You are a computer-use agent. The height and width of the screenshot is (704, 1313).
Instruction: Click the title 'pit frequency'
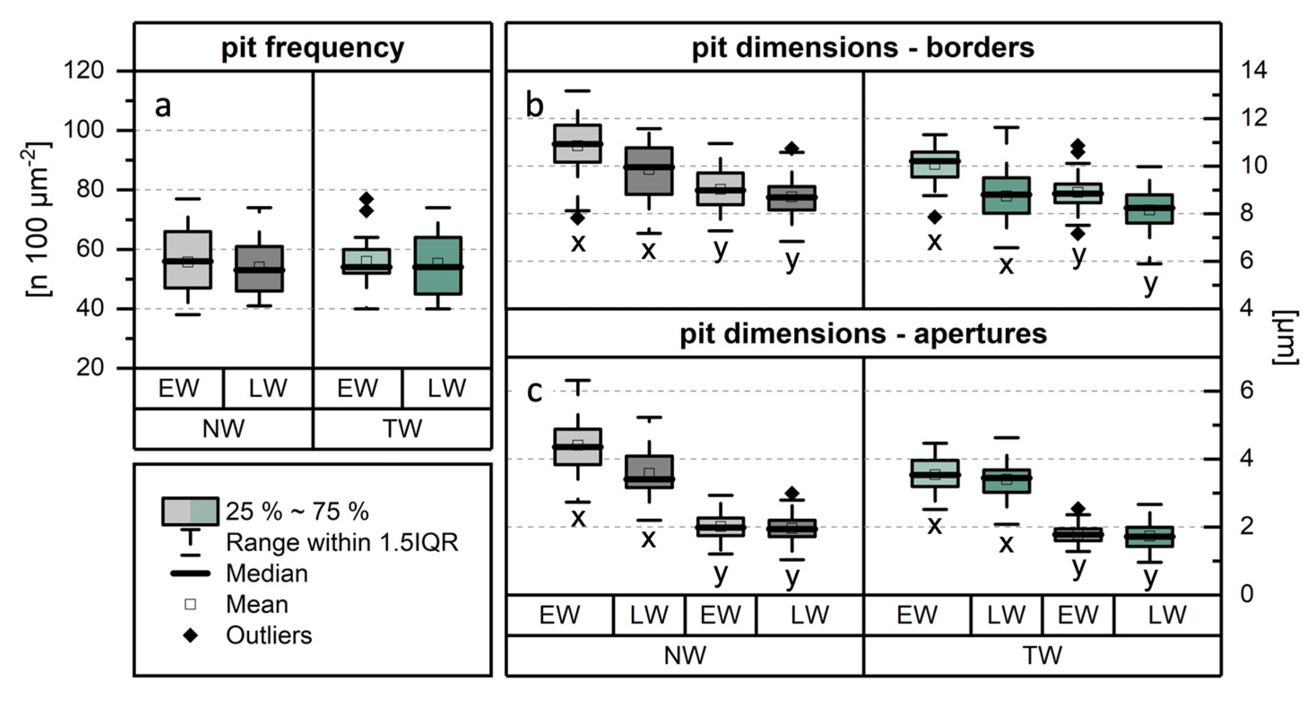(x=312, y=48)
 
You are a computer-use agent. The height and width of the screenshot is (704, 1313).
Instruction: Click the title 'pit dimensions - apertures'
(x=863, y=334)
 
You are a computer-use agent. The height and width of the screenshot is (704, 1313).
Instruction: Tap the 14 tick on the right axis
(x=1253, y=70)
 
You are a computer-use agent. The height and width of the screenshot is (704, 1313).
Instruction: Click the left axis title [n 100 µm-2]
(x=38, y=219)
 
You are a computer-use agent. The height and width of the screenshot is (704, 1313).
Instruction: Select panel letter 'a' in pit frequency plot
(x=163, y=106)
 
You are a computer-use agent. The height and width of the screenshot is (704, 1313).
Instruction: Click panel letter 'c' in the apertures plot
(x=534, y=392)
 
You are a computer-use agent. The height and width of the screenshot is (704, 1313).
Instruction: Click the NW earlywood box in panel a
(x=188, y=260)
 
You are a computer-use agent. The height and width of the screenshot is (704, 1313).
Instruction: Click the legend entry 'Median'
(x=267, y=574)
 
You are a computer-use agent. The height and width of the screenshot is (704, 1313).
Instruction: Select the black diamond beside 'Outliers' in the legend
(x=190, y=635)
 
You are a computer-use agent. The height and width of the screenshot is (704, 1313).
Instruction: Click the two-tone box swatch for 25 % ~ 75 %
(x=190, y=511)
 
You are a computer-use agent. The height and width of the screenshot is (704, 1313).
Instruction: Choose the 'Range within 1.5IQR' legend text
(x=341, y=542)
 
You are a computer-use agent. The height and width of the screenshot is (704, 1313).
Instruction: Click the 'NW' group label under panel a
(x=223, y=429)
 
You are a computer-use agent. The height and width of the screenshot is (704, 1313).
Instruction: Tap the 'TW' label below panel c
(x=1042, y=656)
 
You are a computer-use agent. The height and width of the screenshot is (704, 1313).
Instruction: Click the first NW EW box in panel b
(x=578, y=144)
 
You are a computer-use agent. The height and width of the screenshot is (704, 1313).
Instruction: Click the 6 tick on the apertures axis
(x=1246, y=391)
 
